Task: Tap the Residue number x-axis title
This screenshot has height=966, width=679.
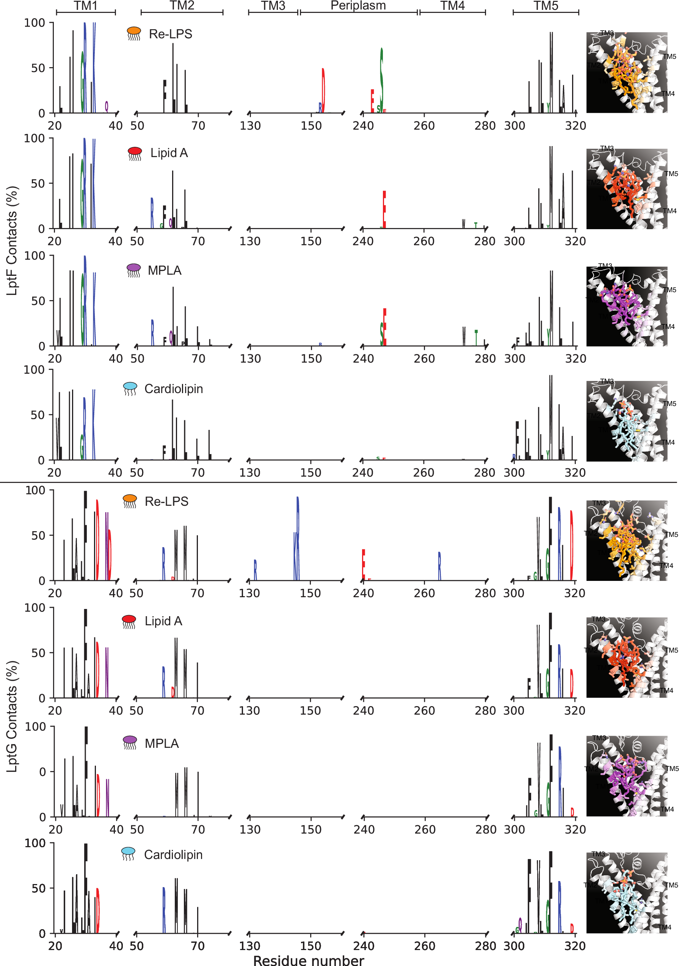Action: pyautogui.click(x=308, y=960)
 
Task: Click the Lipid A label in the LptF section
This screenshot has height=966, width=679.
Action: pyautogui.click(x=169, y=153)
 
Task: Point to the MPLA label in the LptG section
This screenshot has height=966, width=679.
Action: pyautogui.click(x=162, y=743)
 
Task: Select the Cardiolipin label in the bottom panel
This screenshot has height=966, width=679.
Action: pyautogui.click(x=173, y=854)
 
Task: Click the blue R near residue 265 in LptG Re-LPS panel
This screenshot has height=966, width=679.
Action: pyautogui.click(x=439, y=566)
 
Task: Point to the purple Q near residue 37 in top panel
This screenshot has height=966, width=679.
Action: pyautogui.click(x=107, y=107)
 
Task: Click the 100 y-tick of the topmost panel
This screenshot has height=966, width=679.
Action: pyautogui.click(x=34, y=23)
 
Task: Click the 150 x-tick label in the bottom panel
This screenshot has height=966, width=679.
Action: pyautogui.click(x=310, y=946)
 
